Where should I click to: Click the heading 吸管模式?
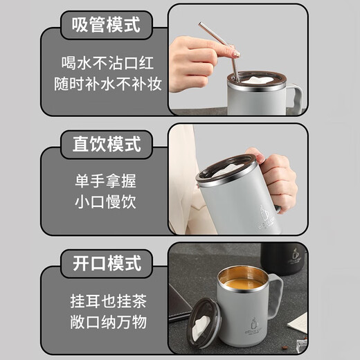pyautogui.click(x=105, y=26)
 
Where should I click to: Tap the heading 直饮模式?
pyautogui.click(x=106, y=145)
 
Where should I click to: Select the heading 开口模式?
pyautogui.click(x=106, y=264)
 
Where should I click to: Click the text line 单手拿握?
pyautogui.click(x=106, y=181)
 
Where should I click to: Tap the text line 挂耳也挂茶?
pyautogui.click(x=106, y=301)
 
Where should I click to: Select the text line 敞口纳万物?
pyautogui.click(x=106, y=323)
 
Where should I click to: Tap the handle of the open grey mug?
pyautogui.click(x=276, y=298)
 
